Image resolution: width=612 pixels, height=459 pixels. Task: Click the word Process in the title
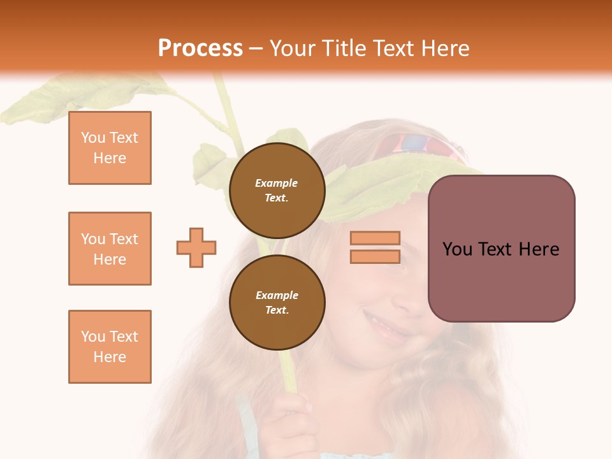(x=200, y=48)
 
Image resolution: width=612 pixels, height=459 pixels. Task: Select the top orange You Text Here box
(x=110, y=148)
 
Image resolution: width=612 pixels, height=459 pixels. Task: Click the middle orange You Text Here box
(x=110, y=249)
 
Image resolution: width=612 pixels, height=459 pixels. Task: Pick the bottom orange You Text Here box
(x=110, y=347)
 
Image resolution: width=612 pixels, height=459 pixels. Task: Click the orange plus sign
(x=196, y=247)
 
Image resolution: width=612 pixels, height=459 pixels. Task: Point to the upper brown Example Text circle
(x=277, y=190)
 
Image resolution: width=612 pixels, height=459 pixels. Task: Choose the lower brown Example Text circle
(x=277, y=302)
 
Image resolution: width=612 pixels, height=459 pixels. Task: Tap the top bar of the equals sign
(x=375, y=238)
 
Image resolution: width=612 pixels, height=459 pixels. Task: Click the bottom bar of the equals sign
(x=375, y=257)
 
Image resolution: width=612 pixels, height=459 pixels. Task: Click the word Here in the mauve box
(x=539, y=249)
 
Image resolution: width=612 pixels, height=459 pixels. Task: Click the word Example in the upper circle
(x=276, y=183)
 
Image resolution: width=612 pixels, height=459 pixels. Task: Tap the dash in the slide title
(x=256, y=48)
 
